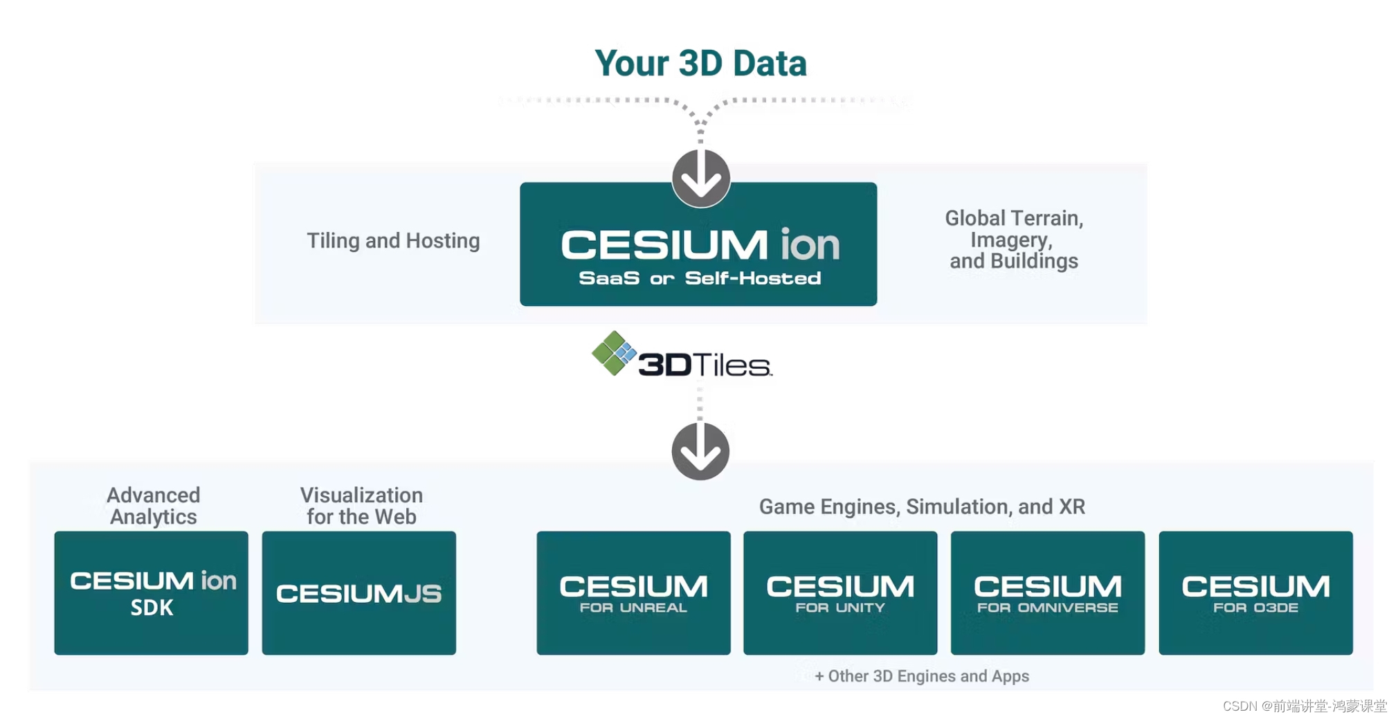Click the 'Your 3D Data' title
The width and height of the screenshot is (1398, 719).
coord(700,64)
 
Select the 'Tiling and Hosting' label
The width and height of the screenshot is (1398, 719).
coord(393,241)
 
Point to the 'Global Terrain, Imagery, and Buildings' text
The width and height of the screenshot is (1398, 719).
coord(1014,239)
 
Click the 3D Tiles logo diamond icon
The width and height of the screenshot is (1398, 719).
coord(613,353)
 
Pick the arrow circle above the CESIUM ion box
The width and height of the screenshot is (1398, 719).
coord(700,179)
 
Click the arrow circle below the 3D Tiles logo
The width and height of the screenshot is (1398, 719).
coord(700,451)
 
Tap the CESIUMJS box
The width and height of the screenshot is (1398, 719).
coord(358,593)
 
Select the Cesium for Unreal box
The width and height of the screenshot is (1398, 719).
coord(633,593)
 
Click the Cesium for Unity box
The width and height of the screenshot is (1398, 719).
coord(840,593)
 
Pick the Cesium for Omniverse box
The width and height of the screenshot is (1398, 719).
coord(1047,593)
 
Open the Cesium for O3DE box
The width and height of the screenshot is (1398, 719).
coord(1255,593)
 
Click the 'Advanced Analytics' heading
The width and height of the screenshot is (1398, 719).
coord(153,506)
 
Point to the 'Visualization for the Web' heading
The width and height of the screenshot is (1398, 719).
coord(361,506)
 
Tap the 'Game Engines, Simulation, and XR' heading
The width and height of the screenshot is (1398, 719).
coord(922,507)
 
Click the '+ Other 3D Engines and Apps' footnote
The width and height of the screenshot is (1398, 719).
coord(922,676)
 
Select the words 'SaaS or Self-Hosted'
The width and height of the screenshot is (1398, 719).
coord(700,278)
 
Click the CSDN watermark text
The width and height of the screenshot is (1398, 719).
coord(1305,706)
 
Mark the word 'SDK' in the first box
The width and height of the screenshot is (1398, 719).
coord(152,608)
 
